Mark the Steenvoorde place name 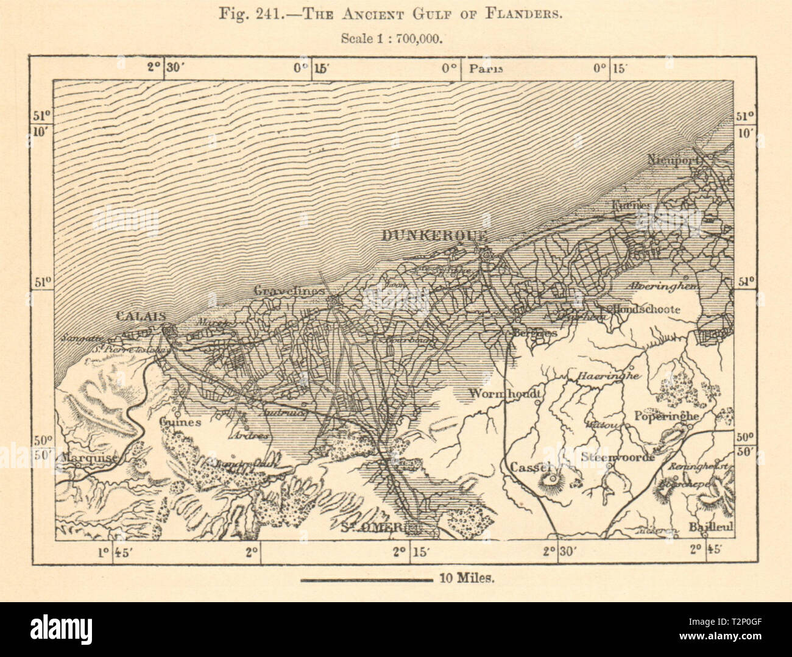click(x=618, y=456)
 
